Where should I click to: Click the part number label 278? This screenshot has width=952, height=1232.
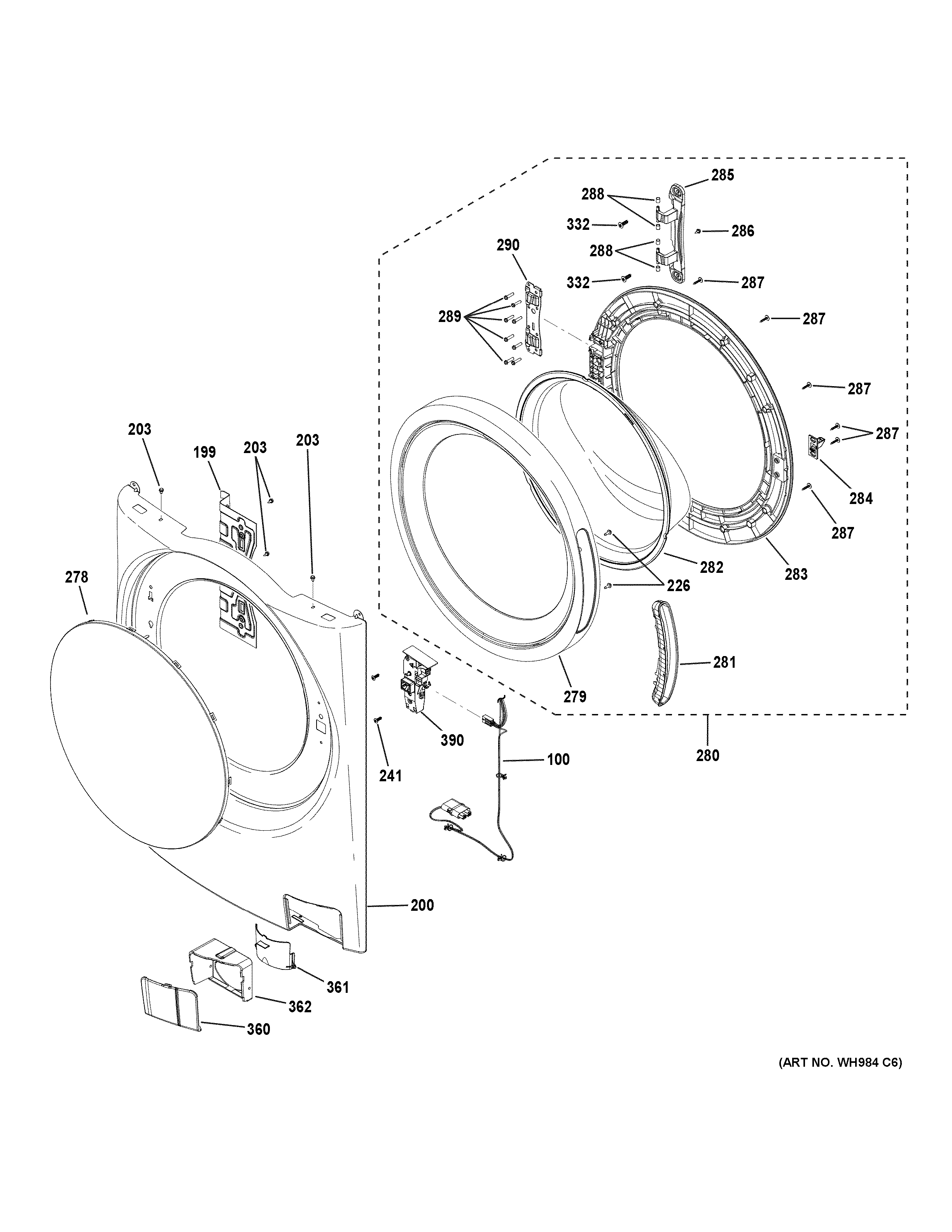[x=77, y=577]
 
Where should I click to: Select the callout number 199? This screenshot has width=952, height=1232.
[x=204, y=452]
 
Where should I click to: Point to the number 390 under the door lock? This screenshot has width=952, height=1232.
[x=452, y=740]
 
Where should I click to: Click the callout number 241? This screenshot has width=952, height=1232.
[x=390, y=776]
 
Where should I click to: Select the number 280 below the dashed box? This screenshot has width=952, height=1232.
[x=707, y=755]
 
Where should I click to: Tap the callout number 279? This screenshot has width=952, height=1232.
[x=575, y=696]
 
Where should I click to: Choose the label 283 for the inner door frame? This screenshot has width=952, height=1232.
[x=796, y=574]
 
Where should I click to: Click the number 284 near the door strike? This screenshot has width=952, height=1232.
[x=861, y=498]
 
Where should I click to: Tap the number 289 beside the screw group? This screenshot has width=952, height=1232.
[x=450, y=317]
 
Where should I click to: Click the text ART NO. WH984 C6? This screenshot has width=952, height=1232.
[x=840, y=1063]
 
